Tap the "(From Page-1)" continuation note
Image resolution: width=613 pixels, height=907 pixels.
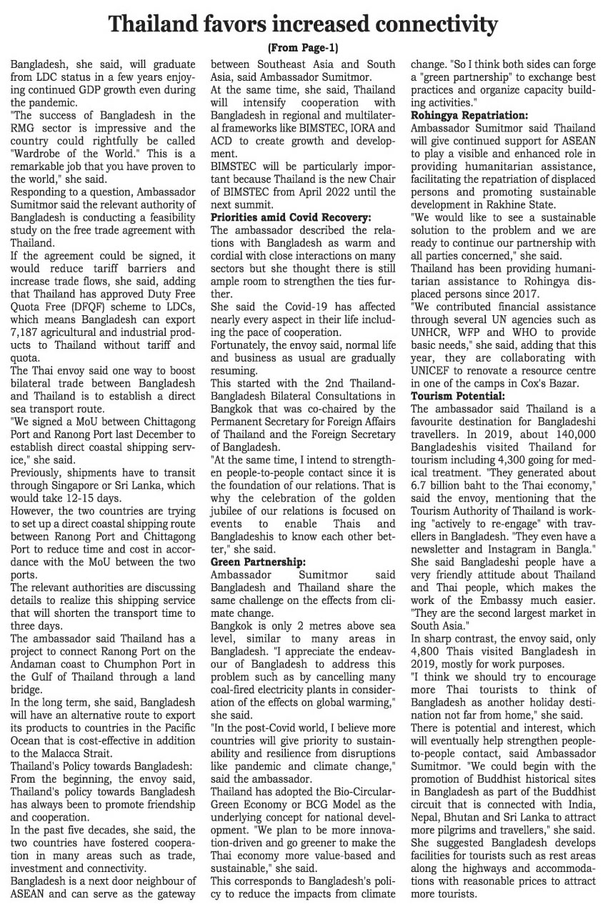306,49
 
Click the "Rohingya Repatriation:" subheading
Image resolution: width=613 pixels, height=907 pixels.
469,115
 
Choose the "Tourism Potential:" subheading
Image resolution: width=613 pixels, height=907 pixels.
457,395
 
